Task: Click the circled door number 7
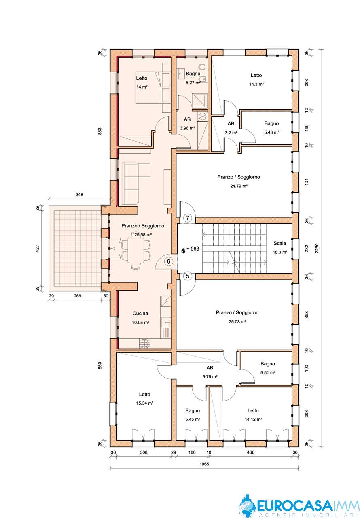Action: [187, 218]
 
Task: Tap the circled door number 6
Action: [169, 261]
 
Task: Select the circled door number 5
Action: [188, 276]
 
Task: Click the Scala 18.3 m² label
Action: [280, 247]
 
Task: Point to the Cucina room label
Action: [140, 314]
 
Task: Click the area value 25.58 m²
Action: [143, 234]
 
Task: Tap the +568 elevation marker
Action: [191, 249]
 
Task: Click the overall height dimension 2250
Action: [317, 248]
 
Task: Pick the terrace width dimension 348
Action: [79, 195]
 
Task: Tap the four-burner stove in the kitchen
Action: [145, 344]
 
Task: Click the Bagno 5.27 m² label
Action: [193, 78]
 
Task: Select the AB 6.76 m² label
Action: [210, 372]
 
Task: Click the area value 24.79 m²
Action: [239, 186]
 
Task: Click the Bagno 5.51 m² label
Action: [268, 368]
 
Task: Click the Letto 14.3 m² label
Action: [256, 80]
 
